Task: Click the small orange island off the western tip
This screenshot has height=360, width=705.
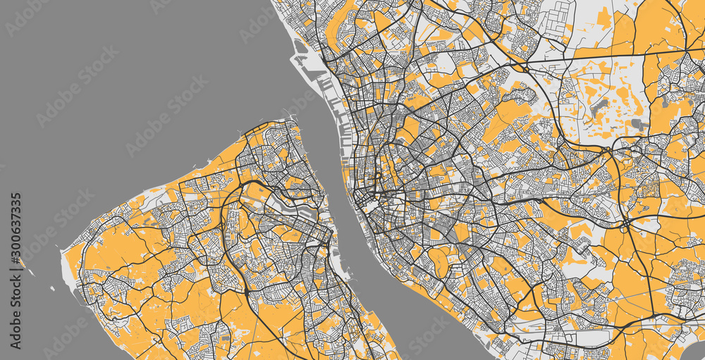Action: coord(21,263)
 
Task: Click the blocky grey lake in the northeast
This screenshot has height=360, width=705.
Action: coord(639,125)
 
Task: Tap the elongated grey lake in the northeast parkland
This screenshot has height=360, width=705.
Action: coord(601,108)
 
